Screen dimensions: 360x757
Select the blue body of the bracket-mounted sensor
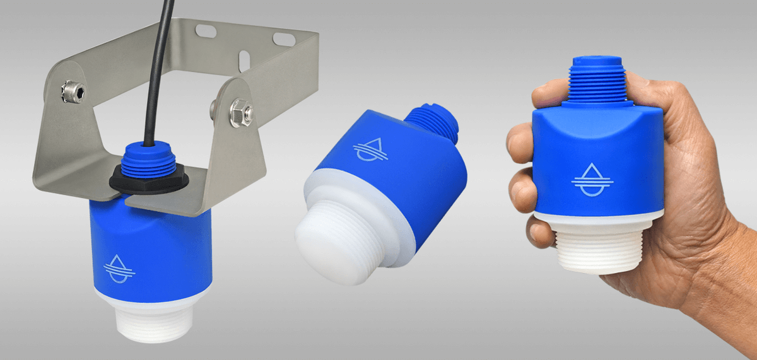coord(151,246)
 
